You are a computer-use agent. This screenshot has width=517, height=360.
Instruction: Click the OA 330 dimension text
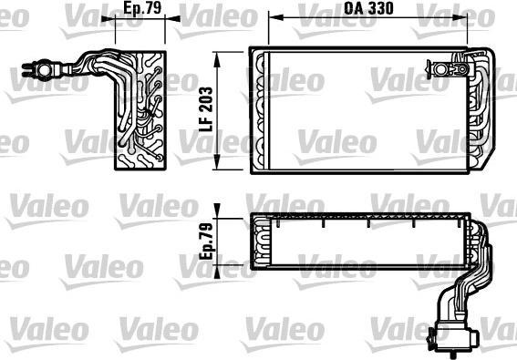(x=369, y=11)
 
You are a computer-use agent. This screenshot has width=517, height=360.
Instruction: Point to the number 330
(x=382, y=11)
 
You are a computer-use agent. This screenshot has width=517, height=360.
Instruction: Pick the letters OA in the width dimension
(x=351, y=11)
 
